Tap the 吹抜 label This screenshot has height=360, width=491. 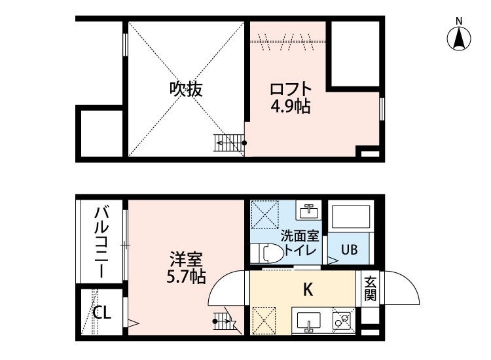tap(186, 90)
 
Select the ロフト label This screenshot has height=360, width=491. tap(291, 90)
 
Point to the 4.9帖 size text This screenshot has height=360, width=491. tap(290, 107)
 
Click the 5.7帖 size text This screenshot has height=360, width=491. tap(186, 277)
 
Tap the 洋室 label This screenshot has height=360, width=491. tap(186, 259)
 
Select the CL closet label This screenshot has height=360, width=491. tap(102, 312)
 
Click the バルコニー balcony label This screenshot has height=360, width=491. tap(101, 242)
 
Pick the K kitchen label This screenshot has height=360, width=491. tap(308, 290)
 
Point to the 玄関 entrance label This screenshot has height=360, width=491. tap(370, 288)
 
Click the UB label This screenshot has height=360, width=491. tap(349, 250)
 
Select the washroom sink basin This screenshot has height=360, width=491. tap(309, 211)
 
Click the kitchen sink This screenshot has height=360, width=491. tap(308, 322)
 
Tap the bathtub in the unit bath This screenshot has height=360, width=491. tap(351, 217)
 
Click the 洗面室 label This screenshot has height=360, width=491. tap(300, 236)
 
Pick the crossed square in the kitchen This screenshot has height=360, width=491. tap(264, 320)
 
